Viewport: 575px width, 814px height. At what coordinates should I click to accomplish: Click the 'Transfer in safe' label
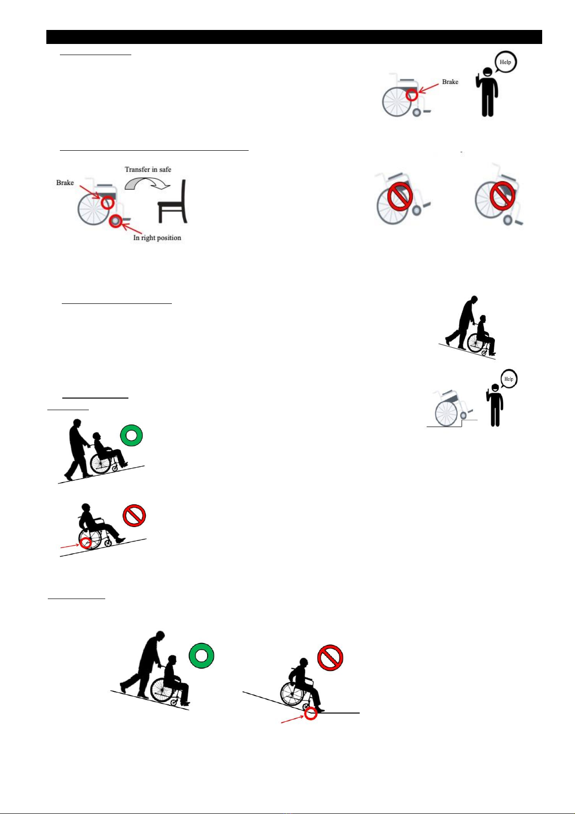[148, 170]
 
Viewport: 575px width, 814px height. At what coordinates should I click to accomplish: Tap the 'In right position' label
[157, 238]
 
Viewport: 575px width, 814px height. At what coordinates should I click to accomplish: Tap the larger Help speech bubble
[505, 62]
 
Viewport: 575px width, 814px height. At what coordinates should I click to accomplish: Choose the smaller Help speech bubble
[509, 379]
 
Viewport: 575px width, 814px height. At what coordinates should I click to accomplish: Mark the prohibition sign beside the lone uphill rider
[134, 515]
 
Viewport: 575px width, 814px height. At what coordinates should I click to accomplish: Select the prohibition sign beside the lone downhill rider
[330, 658]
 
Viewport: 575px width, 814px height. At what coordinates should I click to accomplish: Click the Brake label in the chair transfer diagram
[65, 183]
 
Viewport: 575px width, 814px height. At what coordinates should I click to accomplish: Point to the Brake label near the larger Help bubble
[450, 82]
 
